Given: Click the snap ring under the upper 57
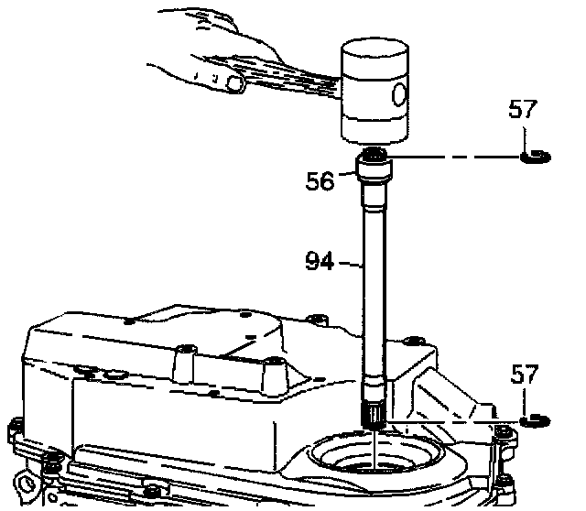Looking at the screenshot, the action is point(535,158).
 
